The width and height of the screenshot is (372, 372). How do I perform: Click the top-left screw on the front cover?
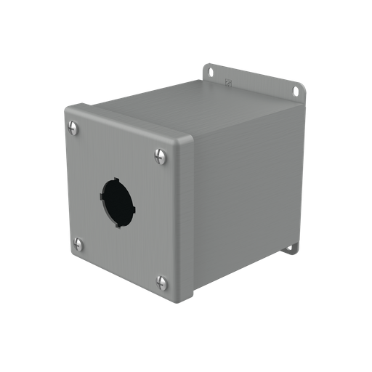[73, 128]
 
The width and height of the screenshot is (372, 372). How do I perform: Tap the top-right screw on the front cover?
[161, 155]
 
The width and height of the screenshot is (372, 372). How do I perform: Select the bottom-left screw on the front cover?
[78, 244]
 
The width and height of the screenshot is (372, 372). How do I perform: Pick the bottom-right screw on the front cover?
[162, 282]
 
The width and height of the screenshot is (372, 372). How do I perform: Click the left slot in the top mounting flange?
[210, 71]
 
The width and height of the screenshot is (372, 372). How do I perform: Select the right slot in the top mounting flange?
[296, 91]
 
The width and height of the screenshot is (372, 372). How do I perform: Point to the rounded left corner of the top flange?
[205, 67]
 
